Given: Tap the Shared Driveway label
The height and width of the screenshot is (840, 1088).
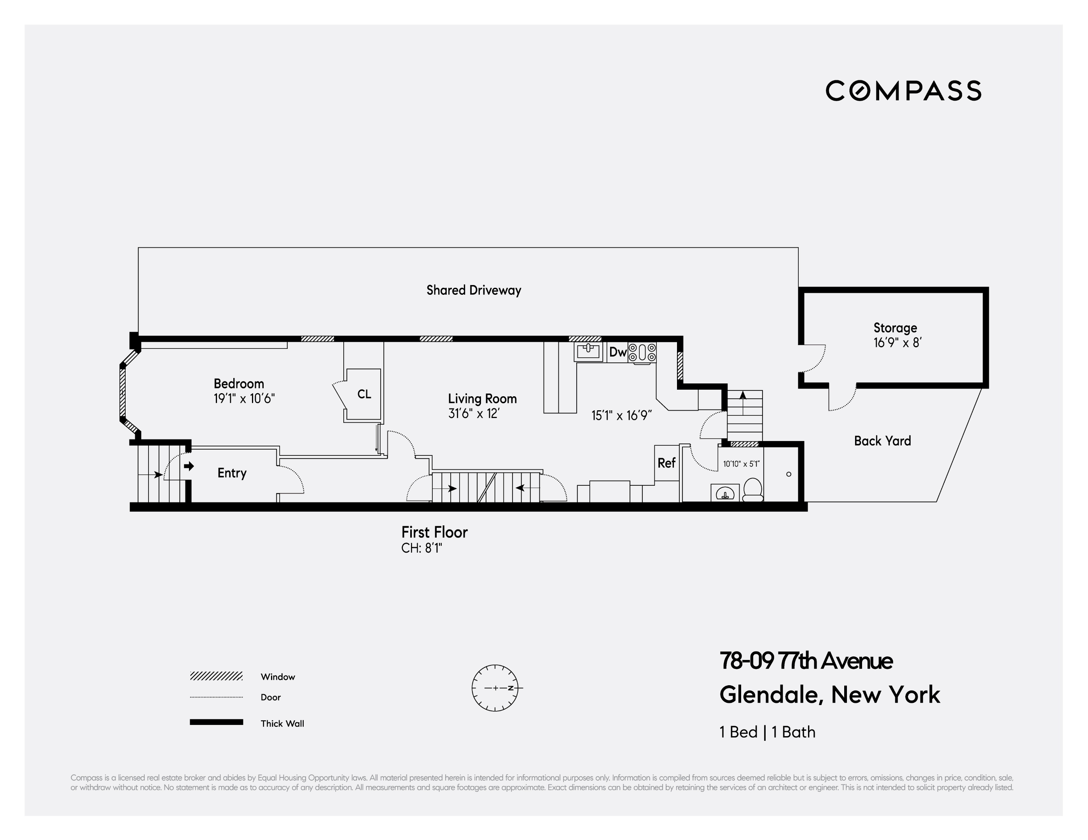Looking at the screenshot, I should (x=473, y=290).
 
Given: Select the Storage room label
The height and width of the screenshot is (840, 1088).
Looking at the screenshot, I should (x=895, y=328).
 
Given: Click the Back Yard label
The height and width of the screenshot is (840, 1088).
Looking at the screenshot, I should (x=882, y=441).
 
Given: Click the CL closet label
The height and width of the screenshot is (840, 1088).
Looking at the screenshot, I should (x=364, y=394).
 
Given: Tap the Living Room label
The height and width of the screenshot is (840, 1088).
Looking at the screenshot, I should (x=482, y=399).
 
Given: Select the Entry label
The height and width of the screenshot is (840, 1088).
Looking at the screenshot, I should (x=232, y=473).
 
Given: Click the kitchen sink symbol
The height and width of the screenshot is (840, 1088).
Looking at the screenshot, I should (x=588, y=351).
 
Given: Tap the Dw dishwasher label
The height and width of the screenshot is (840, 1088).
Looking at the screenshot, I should (x=618, y=352).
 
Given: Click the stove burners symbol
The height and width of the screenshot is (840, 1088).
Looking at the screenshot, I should (x=642, y=352).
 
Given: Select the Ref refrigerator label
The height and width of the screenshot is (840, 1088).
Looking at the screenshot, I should (x=666, y=463).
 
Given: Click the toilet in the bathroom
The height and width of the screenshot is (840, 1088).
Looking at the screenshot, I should (x=752, y=490).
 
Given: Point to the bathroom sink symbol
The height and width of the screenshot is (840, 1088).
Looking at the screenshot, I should (x=725, y=493).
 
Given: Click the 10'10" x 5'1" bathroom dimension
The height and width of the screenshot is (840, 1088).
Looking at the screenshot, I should (x=741, y=464).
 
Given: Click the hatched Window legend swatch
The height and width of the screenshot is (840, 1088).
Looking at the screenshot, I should (x=216, y=676).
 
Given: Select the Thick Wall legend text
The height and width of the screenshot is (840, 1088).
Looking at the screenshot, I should (x=282, y=723).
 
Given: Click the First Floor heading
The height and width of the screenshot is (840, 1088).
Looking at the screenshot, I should (x=434, y=533).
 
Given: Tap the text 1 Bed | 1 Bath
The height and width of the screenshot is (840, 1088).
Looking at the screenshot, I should (x=767, y=732).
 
